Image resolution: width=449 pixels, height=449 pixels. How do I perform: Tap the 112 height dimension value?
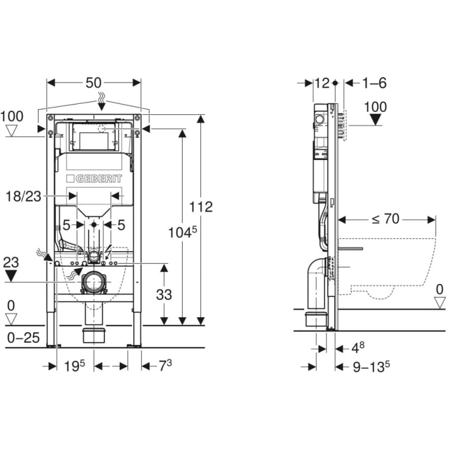(x=200, y=207)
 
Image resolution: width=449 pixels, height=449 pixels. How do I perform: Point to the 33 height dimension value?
(x=163, y=294)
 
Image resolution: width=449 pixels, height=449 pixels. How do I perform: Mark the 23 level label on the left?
(x=11, y=263)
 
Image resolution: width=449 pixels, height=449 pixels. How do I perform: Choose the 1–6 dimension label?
(x=374, y=83)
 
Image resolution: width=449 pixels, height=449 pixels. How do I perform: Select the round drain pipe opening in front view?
(x=93, y=282)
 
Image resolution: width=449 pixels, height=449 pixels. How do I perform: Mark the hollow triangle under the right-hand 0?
(x=439, y=302)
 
